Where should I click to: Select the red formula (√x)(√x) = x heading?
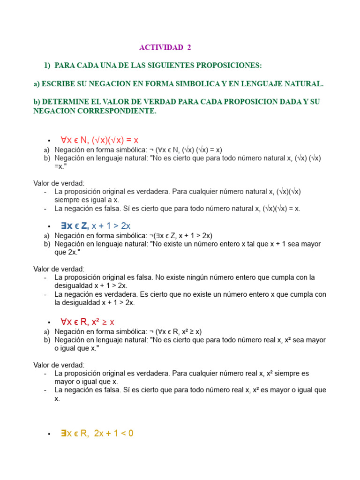[115, 140]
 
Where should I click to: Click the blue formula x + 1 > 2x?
[111, 226]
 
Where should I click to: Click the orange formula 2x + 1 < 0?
[113, 434]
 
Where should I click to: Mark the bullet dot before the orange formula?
[49, 435]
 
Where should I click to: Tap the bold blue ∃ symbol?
[63, 226]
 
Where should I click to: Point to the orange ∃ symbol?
[63, 434]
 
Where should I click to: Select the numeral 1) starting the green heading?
[47, 65]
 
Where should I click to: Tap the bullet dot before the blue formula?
[49, 227]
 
